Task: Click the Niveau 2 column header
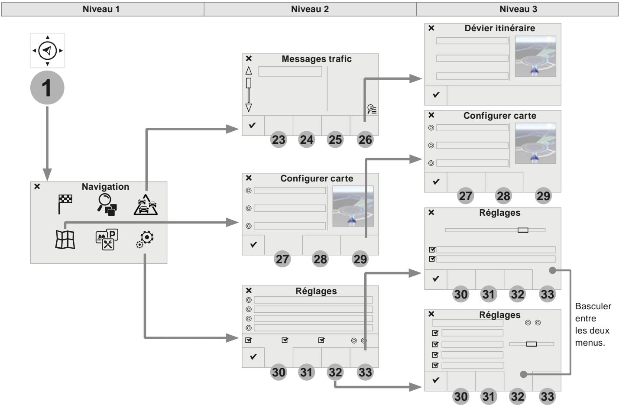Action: click(x=310, y=9)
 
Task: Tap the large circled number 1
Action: click(x=47, y=87)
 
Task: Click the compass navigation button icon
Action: click(x=48, y=51)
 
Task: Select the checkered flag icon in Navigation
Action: click(x=65, y=204)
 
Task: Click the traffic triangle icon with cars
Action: click(x=146, y=205)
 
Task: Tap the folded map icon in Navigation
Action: click(x=65, y=240)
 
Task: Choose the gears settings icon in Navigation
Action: click(x=145, y=239)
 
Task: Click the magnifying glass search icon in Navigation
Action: click(x=107, y=204)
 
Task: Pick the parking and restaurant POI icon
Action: click(x=107, y=240)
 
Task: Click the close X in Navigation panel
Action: click(x=37, y=187)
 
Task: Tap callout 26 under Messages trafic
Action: click(x=365, y=140)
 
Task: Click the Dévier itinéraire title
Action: click(x=499, y=28)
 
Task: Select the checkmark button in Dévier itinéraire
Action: click(x=436, y=95)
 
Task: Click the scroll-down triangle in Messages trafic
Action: click(x=249, y=107)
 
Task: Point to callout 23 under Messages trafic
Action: click(x=278, y=140)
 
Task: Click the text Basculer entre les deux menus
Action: click(x=593, y=324)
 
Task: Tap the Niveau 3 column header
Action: click(x=518, y=9)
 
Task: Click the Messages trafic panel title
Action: click(x=316, y=59)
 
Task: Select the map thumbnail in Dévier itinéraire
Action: click(x=535, y=56)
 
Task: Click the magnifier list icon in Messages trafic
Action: click(x=372, y=109)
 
